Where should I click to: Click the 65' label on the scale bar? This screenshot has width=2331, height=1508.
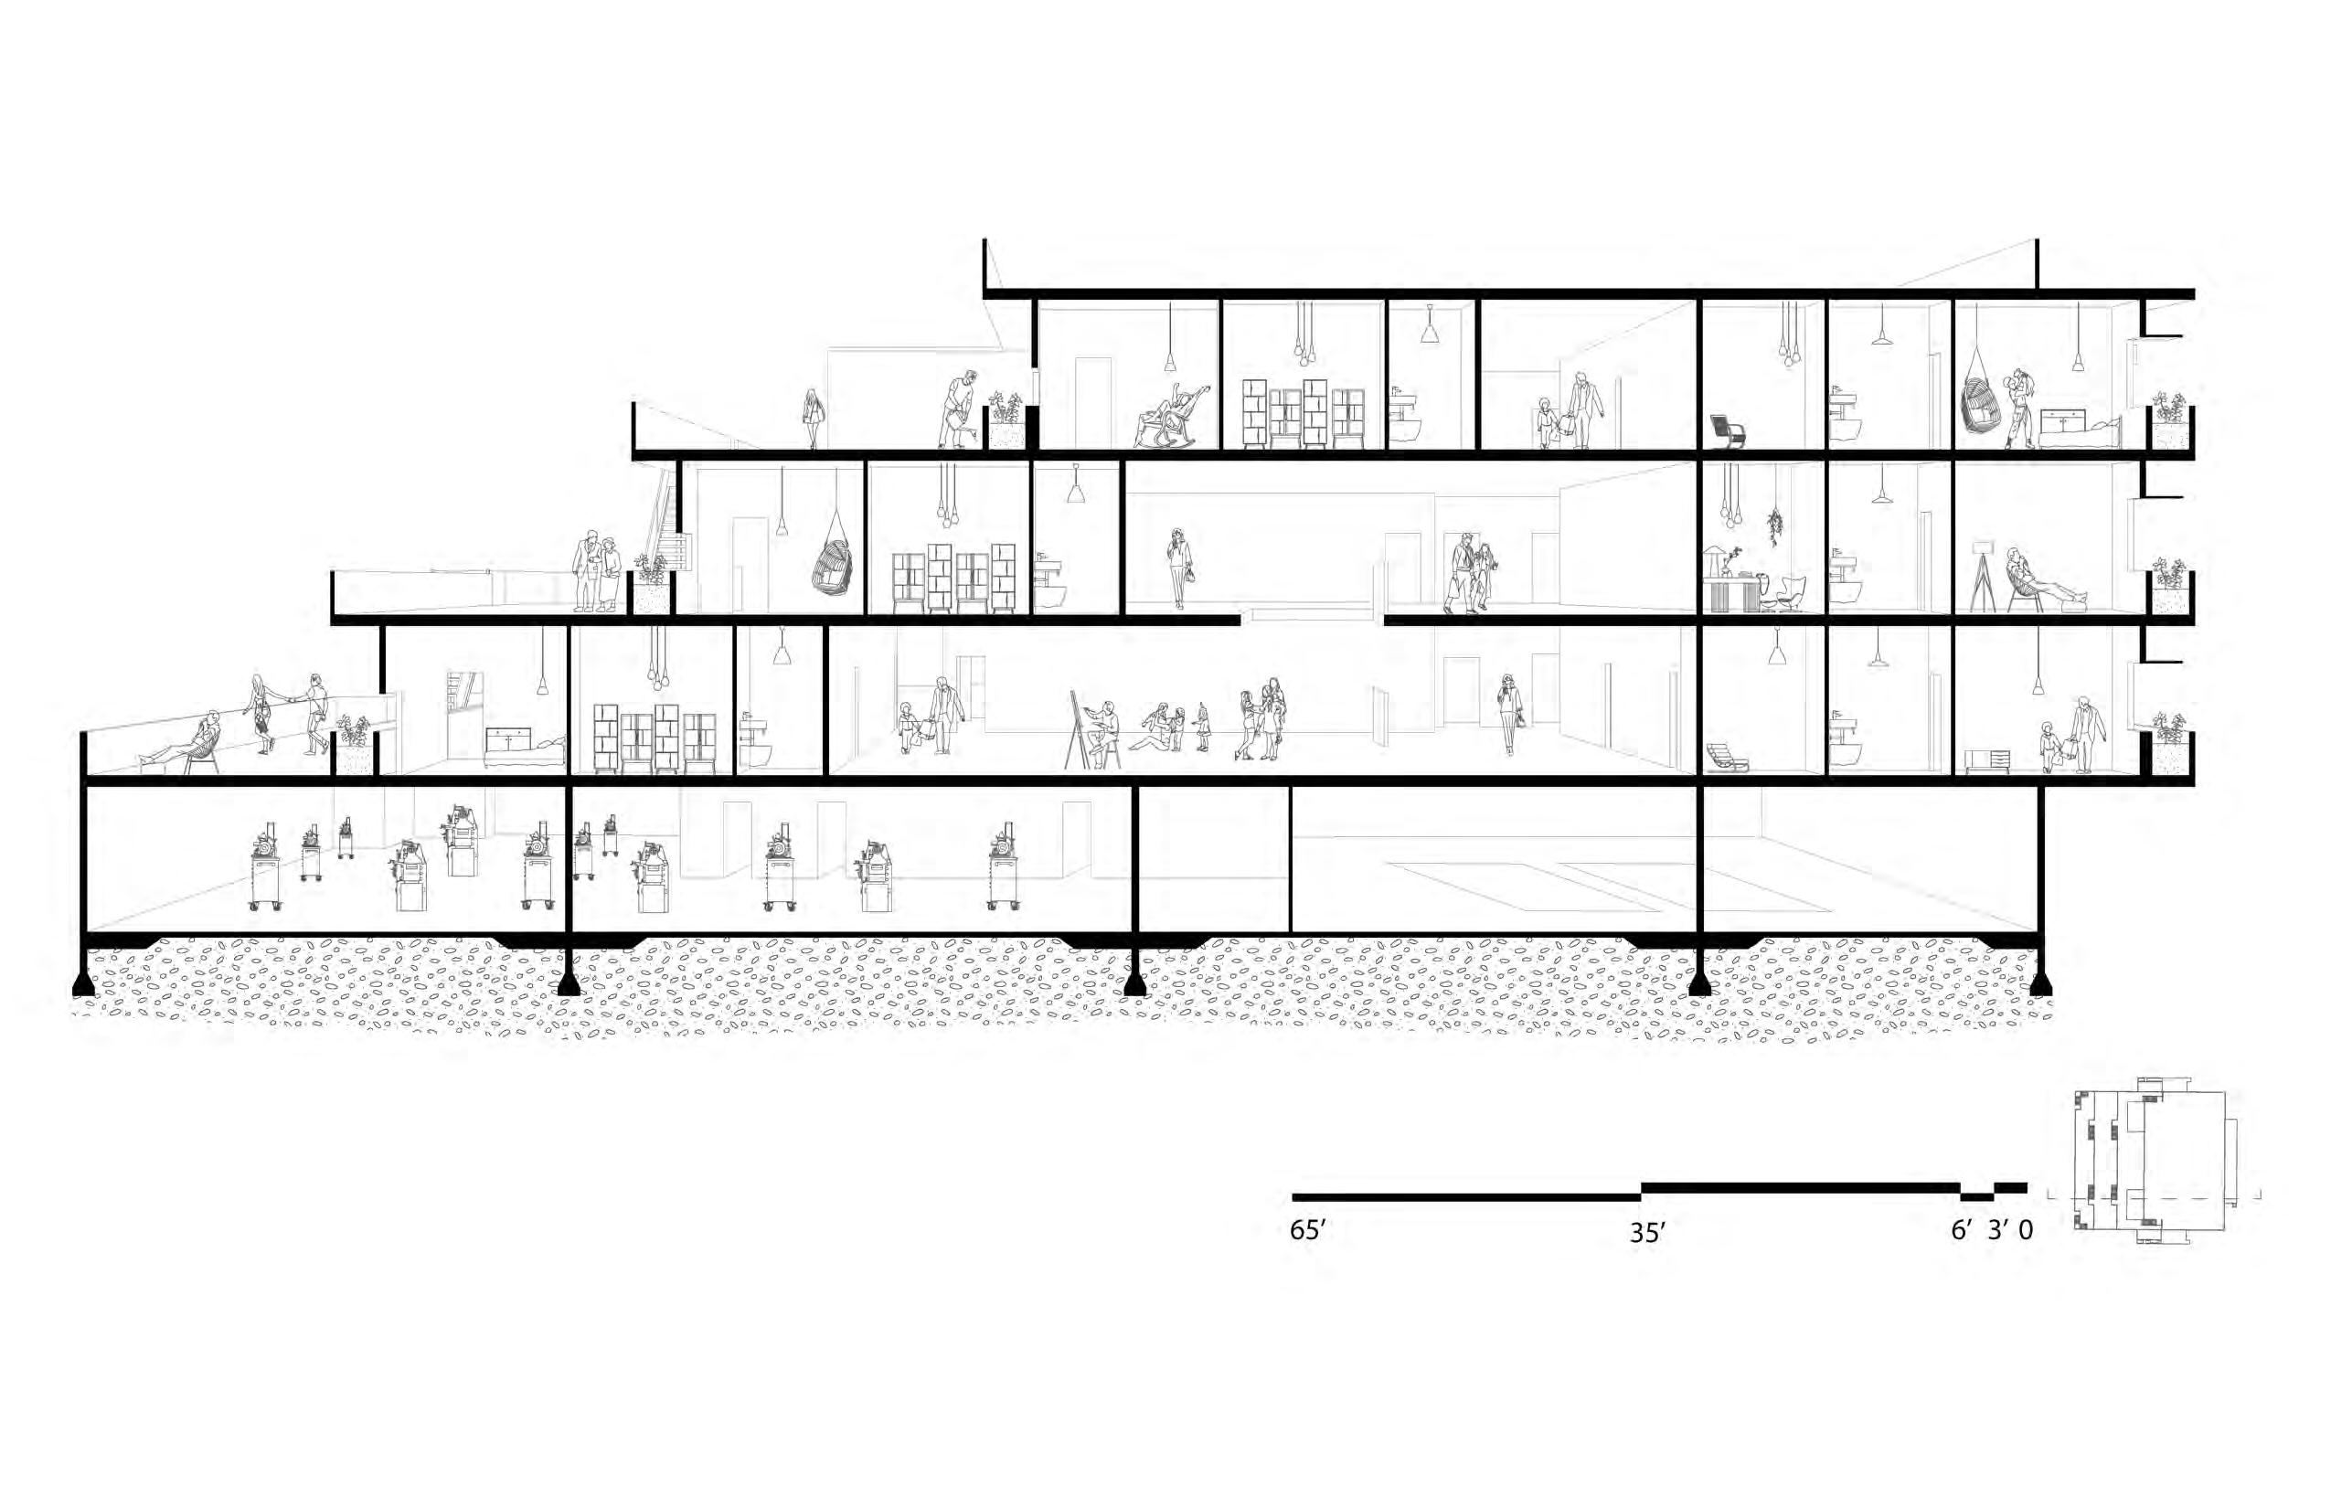pos(1307,1231)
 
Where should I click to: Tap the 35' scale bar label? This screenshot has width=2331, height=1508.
pos(1647,1234)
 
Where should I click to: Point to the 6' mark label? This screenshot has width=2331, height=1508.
pos(1961,1231)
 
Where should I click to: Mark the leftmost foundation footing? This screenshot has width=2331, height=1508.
pos(84,982)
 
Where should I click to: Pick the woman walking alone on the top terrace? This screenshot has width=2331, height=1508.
pos(812,417)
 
